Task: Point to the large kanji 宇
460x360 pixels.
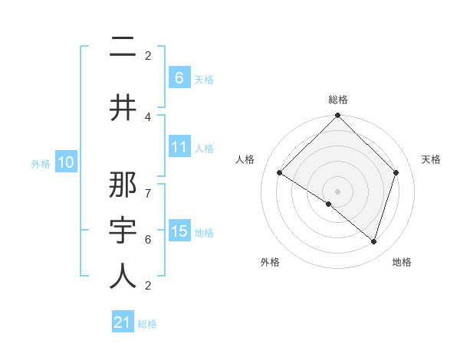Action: pyautogui.click(x=123, y=231)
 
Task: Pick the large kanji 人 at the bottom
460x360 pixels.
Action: pyautogui.click(x=123, y=277)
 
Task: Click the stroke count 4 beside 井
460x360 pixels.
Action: pyautogui.click(x=148, y=116)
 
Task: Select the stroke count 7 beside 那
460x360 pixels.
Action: pyautogui.click(x=148, y=186)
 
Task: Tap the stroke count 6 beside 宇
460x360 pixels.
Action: pyautogui.click(x=148, y=239)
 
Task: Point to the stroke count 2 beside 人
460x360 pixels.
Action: pyautogui.click(x=148, y=286)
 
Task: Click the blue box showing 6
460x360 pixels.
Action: pyautogui.click(x=179, y=77)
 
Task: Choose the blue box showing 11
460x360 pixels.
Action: pyautogui.click(x=179, y=147)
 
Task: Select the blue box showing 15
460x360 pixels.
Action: pyautogui.click(x=179, y=231)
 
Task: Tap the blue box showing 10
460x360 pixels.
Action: pyautogui.click(x=66, y=162)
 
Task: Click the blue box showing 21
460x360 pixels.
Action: pyautogui.click(x=123, y=322)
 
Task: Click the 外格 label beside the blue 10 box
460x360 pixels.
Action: pyautogui.click(x=41, y=163)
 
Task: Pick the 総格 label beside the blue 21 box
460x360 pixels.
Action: pyautogui.click(x=147, y=324)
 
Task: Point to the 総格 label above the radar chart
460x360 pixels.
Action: pyautogui.click(x=338, y=100)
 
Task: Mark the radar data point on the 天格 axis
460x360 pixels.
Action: pyautogui.click(x=396, y=172)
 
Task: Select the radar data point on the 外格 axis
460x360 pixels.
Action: pyautogui.click(x=329, y=204)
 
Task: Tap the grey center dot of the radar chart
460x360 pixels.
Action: pyautogui.click(x=338, y=191)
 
